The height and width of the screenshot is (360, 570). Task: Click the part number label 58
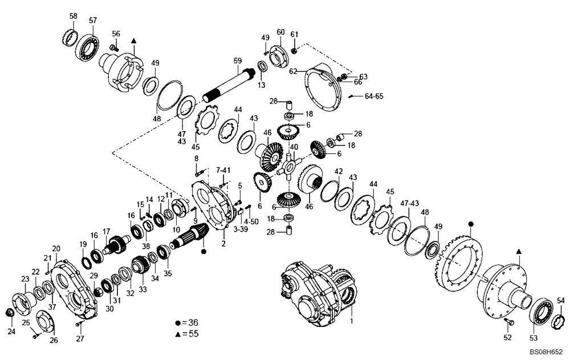point(73,16)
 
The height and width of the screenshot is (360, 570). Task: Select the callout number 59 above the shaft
point(238,60)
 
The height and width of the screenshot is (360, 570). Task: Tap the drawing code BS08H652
point(547,353)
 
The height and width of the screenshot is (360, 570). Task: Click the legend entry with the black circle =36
point(188,322)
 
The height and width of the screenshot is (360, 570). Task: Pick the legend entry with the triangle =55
point(188,334)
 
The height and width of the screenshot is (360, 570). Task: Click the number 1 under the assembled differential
point(352,321)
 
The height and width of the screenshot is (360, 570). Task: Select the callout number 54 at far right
point(560,300)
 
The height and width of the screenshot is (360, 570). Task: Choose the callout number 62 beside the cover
point(293,72)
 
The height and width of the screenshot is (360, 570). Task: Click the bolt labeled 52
point(510,322)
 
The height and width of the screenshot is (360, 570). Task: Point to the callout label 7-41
point(223,170)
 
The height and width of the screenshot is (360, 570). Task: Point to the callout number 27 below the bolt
point(80,338)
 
